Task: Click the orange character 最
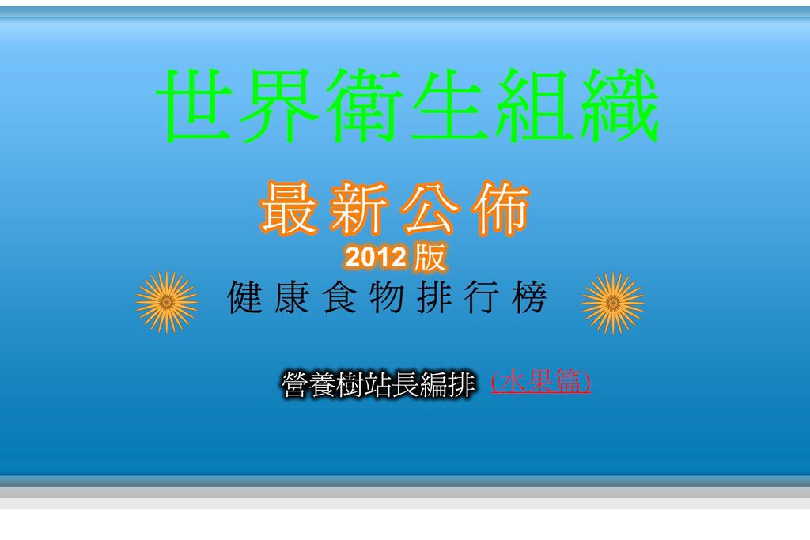(x=289, y=208)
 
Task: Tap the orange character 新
(x=360, y=208)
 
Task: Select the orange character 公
(x=430, y=208)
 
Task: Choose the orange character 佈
(x=501, y=208)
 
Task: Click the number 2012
(x=376, y=258)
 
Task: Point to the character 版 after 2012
(x=430, y=257)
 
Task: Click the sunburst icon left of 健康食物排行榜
(x=167, y=303)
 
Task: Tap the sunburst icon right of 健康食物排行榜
(x=613, y=303)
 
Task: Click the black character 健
(x=244, y=297)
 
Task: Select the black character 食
(x=339, y=297)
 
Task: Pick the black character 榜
(x=529, y=297)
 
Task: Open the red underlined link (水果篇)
(x=540, y=382)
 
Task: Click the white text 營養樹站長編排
(x=378, y=384)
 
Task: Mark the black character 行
(x=482, y=297)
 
